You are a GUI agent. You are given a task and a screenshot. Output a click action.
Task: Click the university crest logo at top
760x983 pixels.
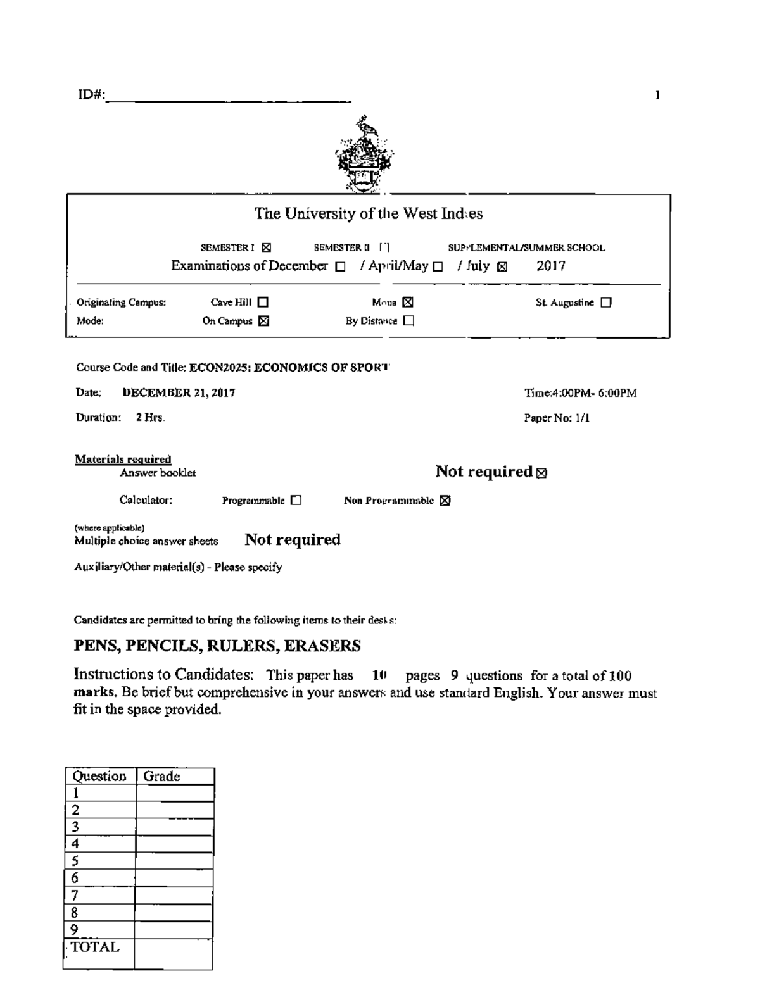pos(364,154)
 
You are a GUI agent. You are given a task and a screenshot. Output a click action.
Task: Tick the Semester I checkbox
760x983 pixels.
pos(266,248)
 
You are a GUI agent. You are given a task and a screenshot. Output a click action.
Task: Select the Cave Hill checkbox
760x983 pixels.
pos(263,303)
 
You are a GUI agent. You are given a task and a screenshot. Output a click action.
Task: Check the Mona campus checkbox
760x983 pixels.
pos(408,303)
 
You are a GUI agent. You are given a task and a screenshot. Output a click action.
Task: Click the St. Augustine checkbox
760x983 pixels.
pos(606,303)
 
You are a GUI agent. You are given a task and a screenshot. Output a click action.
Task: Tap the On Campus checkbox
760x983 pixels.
pos(263,321)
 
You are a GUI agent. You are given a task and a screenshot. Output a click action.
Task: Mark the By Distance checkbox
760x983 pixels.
pos(408,321)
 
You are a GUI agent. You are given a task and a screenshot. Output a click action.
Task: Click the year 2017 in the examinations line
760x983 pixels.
pos(550,266)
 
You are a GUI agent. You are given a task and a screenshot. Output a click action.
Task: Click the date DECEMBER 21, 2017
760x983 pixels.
pos(179,393)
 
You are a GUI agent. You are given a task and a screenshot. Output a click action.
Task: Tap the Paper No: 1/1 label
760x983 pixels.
pos(557,418)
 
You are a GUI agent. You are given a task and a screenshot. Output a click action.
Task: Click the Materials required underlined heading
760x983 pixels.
pos(123,459)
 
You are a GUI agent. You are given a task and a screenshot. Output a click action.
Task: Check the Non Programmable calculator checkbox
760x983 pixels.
pos(445,501)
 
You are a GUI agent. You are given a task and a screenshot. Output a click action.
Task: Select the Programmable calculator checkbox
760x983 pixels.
pos(296,501)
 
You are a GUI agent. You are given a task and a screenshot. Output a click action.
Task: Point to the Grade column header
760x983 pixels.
pos(161,777)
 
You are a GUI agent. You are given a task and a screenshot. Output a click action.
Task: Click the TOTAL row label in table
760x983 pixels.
pos(95,948)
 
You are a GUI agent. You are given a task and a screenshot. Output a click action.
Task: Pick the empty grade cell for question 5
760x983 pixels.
pos(174,861)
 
